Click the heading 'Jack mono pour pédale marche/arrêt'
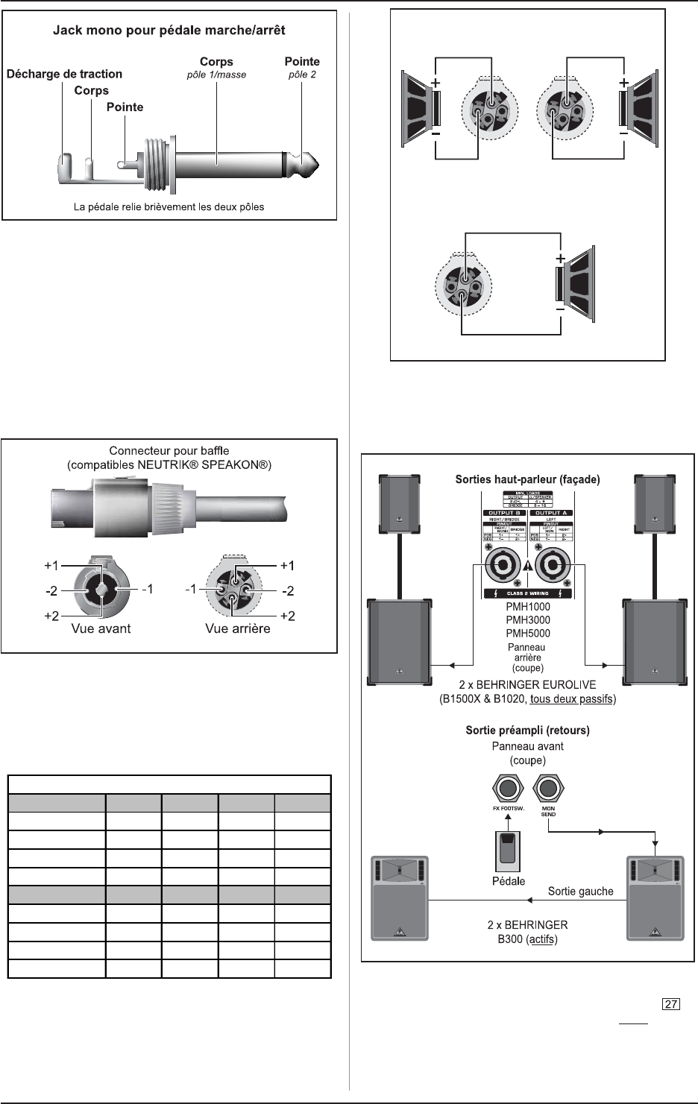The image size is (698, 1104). point(169,31)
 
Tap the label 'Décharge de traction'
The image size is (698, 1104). point(64,74)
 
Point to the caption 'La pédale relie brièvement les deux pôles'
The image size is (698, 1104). point(169,206)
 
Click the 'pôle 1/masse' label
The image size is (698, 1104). point(216,75)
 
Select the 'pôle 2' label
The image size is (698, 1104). point(302,75)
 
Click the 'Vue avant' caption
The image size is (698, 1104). point(101,628)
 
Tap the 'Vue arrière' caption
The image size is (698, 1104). point(238,628)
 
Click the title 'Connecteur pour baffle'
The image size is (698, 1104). point(169,450)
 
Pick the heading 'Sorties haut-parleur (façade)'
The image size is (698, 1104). point(527,479)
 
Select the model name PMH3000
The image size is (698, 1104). point(528,619)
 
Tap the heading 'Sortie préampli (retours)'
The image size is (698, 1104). point(527,730)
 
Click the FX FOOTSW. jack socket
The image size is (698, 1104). point(509,788)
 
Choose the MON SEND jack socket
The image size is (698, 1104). point(549,788)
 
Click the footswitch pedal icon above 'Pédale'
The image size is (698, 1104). point(508,851)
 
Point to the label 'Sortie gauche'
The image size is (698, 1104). point(580,891)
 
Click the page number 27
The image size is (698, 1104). point(670,1004)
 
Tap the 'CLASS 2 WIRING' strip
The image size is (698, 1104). point(528,593)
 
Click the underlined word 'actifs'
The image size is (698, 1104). point(541,939)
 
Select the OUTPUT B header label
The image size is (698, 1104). point(504,513)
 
